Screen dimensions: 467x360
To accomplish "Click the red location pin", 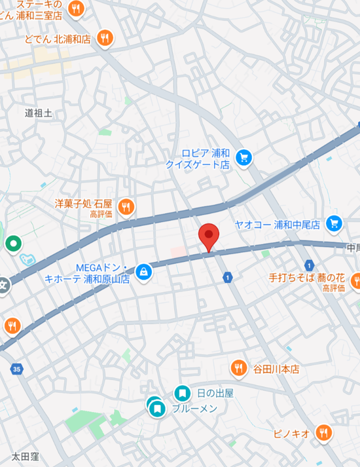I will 208,235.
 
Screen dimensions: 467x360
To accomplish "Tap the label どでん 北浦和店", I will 58,39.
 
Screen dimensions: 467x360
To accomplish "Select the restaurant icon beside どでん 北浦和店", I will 105,38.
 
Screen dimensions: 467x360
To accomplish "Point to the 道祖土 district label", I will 38,113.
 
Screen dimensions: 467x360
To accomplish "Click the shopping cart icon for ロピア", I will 243,157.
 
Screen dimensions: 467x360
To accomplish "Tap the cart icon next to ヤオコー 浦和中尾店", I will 334,223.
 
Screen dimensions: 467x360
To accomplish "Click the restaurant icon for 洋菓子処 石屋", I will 126,207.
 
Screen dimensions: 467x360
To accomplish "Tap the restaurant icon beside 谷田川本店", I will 239,368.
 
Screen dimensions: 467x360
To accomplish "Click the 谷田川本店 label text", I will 276,369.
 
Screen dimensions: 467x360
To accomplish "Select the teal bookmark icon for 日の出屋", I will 182,393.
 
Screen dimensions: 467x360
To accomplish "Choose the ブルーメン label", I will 194,408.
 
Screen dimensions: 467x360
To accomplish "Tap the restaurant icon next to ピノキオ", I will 323,432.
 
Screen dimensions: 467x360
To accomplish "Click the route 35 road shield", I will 16,370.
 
